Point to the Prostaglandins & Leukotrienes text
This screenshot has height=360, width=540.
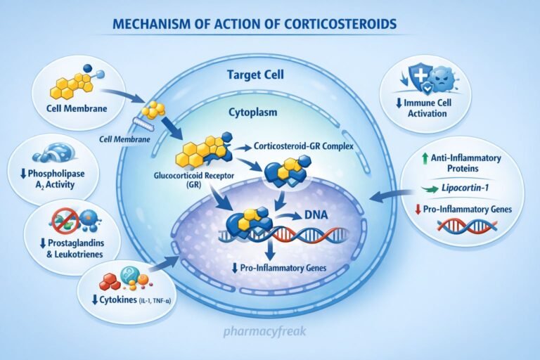point(72,247)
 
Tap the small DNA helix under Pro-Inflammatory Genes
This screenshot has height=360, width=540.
point(465,226)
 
